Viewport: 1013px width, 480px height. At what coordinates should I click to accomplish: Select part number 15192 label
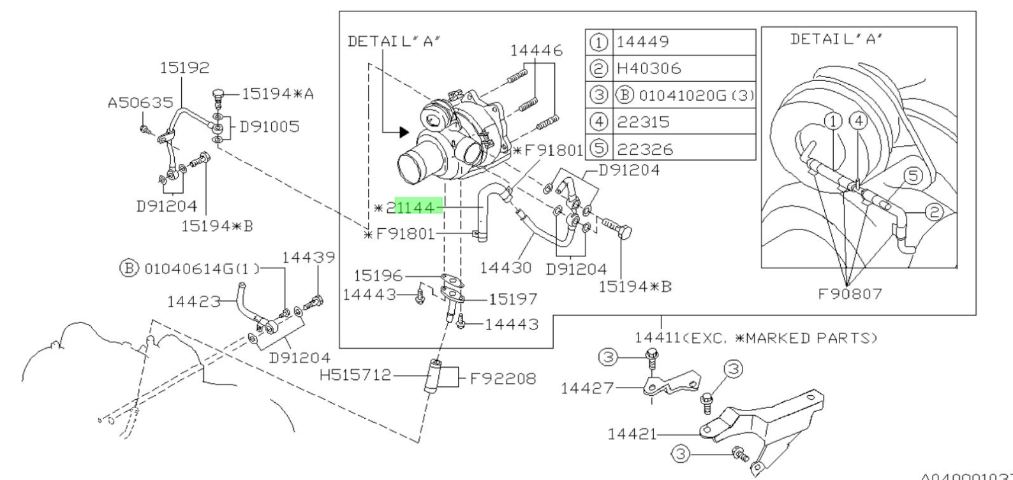click(x=184, y=68)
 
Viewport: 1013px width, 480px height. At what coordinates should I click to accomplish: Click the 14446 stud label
click(x=536, y=50)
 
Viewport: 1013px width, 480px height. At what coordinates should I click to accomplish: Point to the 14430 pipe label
click(x=505, y=268)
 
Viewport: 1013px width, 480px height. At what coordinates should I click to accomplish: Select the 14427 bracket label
click(x=587, y=388)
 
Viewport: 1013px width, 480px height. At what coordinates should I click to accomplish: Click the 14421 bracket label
click(x=632, y=434)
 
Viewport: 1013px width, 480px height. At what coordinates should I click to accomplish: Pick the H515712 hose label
click(x=355, y=375)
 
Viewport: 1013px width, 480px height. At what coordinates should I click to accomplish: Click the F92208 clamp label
click(x=503, y=378)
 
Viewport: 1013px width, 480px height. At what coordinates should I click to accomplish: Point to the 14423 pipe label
click(x=193, y=300)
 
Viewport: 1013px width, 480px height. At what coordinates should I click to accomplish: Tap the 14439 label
click(x=309, y=257)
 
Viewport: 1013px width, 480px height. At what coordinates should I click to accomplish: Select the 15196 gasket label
click(x=378, y=275)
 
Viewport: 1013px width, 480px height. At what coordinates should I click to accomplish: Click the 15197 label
click(x=514, y=298)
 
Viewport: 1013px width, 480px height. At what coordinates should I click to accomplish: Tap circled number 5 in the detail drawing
click(x=913, y=175)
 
